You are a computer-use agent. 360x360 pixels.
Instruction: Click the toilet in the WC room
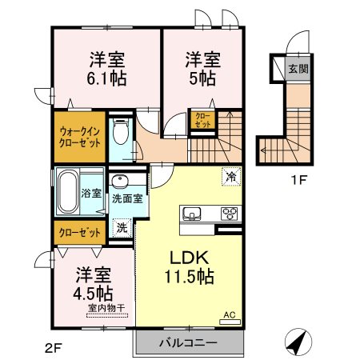(x=121, y=130)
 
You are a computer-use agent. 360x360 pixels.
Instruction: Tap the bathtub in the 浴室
(x=67, y=192)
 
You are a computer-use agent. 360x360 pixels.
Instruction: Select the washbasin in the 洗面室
(x=120, y=182)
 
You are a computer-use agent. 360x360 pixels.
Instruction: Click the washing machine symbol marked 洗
(x=122, y=227)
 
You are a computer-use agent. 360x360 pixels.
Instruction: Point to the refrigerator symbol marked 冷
(x=231, y=176)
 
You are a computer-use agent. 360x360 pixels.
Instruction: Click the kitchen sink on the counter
(x=192, y=214)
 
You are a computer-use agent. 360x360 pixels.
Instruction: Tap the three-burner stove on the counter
(x=230, y=214)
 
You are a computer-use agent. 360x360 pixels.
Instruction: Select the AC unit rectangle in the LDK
(x=230, y=322)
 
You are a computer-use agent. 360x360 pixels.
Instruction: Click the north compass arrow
(x=298, y=342)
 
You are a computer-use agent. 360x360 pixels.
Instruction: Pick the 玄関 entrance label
(x=298, y=69)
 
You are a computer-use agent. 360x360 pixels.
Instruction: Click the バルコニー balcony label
(x=188, y=342)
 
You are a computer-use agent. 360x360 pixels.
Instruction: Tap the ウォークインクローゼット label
(x=80, y=138)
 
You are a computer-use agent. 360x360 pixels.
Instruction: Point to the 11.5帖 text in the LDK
(x=190, y=277)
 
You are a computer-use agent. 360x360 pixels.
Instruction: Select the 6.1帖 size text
(x=106, y=78)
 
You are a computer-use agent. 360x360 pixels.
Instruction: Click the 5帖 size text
(x=202, y=78)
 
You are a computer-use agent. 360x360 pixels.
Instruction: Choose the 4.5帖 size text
(x=93, y=294)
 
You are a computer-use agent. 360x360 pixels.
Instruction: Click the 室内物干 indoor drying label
(x=106, y=308)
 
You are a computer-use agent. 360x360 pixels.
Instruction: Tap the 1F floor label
(x=298, y=181)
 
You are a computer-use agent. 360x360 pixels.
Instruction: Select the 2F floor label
(x=54, y=348)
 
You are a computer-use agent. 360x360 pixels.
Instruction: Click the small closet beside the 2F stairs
(x=203, y=120)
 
